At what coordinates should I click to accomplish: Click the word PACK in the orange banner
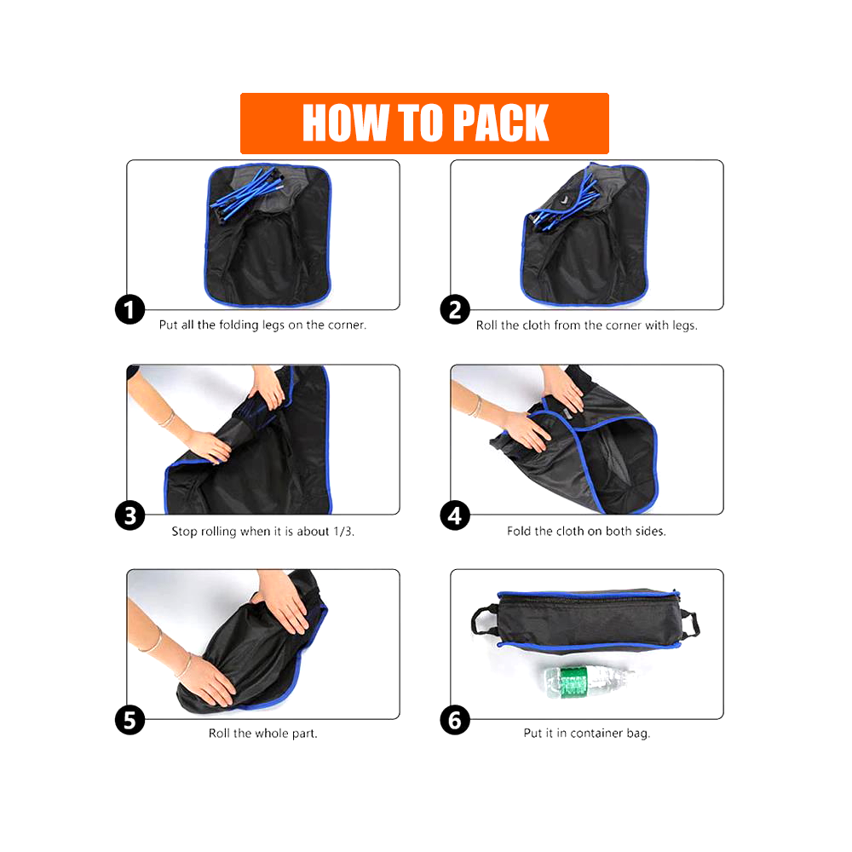500,123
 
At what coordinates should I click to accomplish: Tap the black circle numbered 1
130,310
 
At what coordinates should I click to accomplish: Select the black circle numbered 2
455,310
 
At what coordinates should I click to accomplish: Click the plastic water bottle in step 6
589,681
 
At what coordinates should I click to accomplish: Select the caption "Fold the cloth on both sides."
586,531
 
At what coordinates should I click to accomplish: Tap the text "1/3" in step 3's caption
343,531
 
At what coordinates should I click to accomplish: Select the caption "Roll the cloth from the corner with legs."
586,325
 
